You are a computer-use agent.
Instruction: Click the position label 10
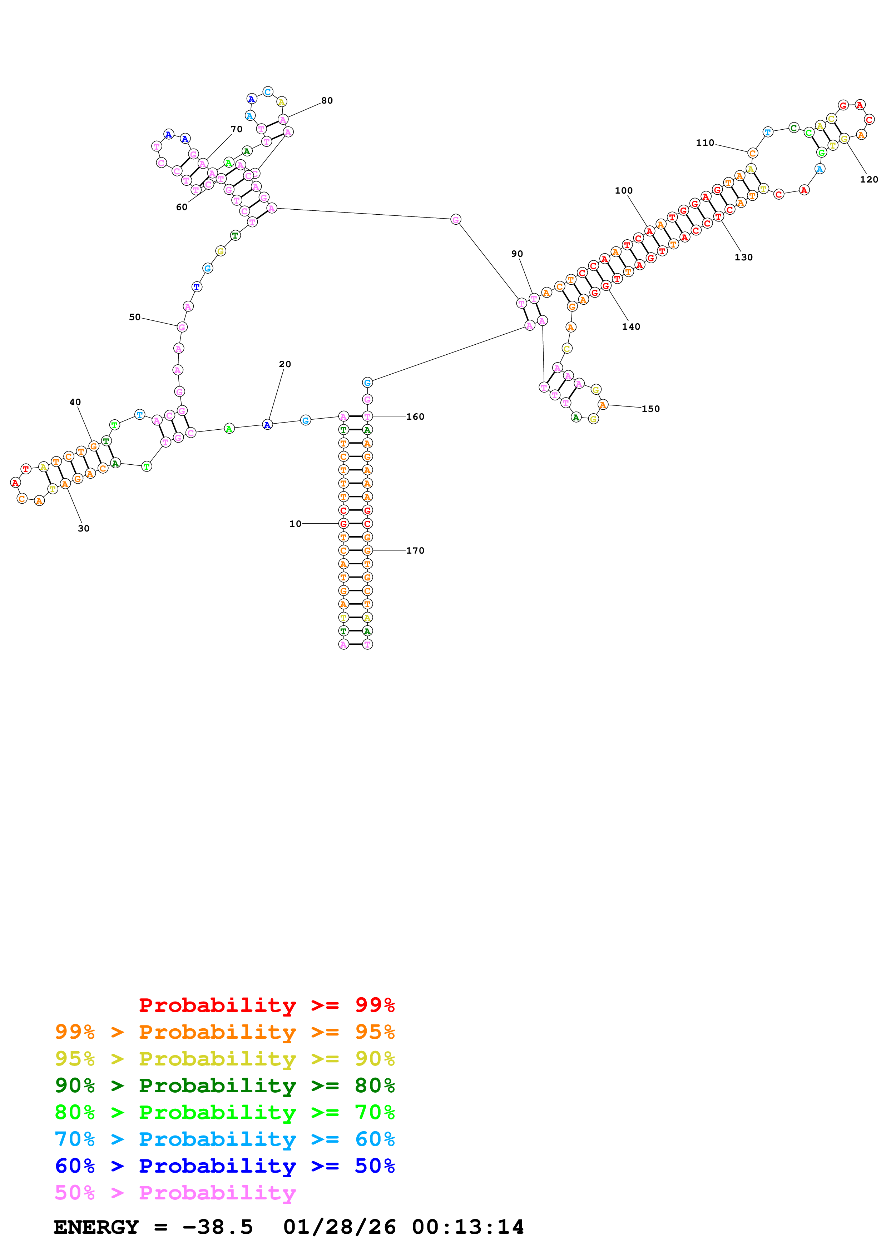pos(295,524)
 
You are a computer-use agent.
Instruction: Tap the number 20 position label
pos(285,364)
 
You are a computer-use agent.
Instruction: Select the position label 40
pos(75,402)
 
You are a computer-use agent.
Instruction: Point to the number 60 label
pos(181,208)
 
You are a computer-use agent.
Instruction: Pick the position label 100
pos(623,190)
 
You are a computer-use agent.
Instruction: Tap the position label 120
pos(868,180)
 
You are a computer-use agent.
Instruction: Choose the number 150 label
pos(650,409)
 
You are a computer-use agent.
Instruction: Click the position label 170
pos(415,551)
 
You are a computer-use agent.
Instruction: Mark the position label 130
pos(743,257)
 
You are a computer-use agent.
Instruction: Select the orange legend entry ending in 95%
pos(224,1032)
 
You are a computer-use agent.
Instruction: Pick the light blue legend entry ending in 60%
pos(224,1139)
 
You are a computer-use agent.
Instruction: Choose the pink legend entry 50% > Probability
pos(175,1192)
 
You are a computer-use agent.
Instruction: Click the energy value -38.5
pos(217,1227)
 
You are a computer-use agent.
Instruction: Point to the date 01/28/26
pos(339,1227)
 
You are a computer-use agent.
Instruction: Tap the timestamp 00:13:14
pos(468,1227)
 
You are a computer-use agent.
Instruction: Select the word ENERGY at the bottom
pos(96,1227)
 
